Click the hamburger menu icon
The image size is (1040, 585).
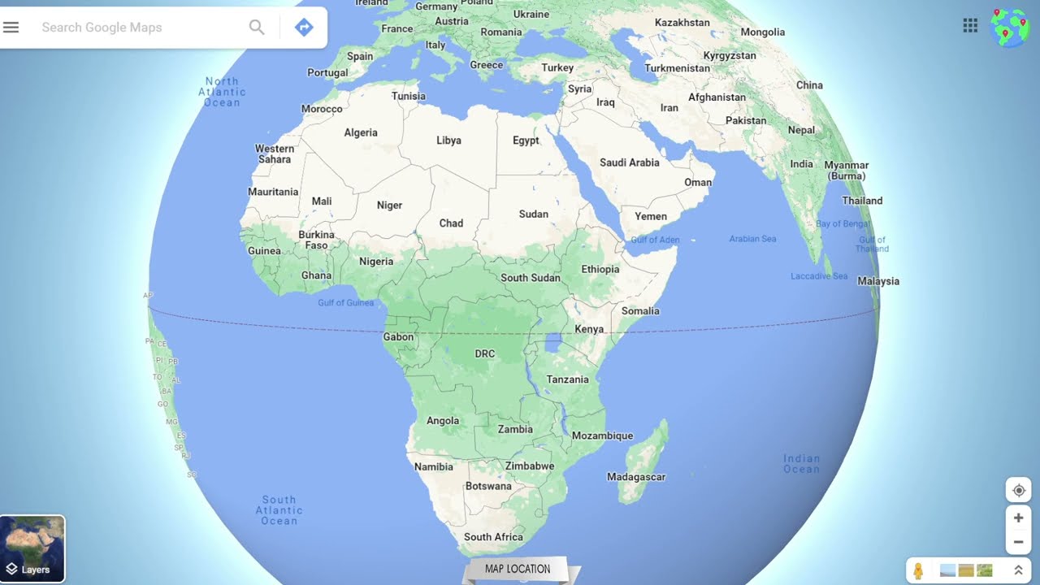tap(11, 28)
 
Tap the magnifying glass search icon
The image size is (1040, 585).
tap(257, 28)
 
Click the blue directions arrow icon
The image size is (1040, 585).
tap(304, 28)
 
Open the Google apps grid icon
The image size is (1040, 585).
tap(970, 25)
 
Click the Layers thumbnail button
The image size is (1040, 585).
tap(32, 548)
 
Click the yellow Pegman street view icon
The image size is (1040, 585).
tap(918, 570)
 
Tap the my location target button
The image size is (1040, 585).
tap(1018, 491)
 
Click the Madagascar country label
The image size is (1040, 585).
tap(636, 477)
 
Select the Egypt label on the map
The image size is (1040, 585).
tap(526, 141)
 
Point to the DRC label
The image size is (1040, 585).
tap(484, 354)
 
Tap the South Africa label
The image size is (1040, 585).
tap(493, 537)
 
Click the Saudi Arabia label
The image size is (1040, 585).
tap(629, 162)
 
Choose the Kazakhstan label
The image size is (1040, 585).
tap(682, 23)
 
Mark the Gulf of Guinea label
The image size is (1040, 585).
tap(346, 303)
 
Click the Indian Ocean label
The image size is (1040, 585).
tap(801, 464)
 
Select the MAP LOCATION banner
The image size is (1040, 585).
tap(518, 569)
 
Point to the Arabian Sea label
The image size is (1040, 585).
tap(752, 239)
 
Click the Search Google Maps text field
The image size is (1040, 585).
tap(138, 28)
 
